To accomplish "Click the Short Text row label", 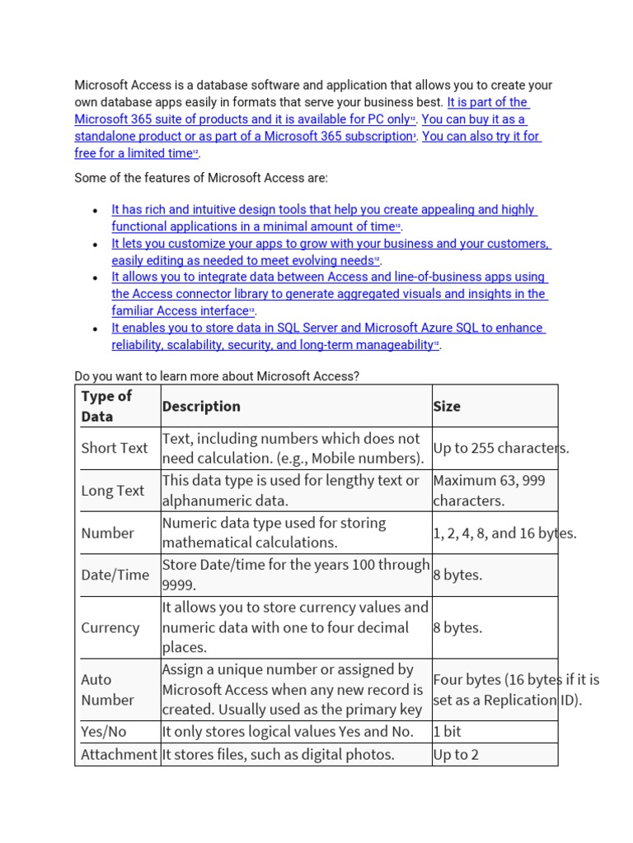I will [x=115, y=448].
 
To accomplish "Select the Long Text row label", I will [x=113, y=491].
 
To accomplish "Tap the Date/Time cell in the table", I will [x=115, y=575].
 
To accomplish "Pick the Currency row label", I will [x=110, y=627].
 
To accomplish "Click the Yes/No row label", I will [x=104, y=732].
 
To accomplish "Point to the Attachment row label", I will [x=119, y=754].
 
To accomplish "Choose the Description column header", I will [x=201, y=406].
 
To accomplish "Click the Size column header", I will [x=447, y=406].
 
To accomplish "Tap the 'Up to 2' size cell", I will [x=456, y=754].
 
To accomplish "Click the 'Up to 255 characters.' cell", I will [x=501, y=448].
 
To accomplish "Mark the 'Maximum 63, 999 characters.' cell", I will [x=489, y=491].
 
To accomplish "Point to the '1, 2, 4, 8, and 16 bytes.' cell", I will [x=504, y=533].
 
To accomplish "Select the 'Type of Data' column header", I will [x=106, y=406].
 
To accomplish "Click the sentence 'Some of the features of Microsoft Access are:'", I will [x=201, y=178].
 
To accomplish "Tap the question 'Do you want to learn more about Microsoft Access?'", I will [x=217, y=376].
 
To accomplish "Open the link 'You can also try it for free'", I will [x=481, y=137].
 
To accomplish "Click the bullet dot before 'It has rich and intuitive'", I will [x=96, y=211].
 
